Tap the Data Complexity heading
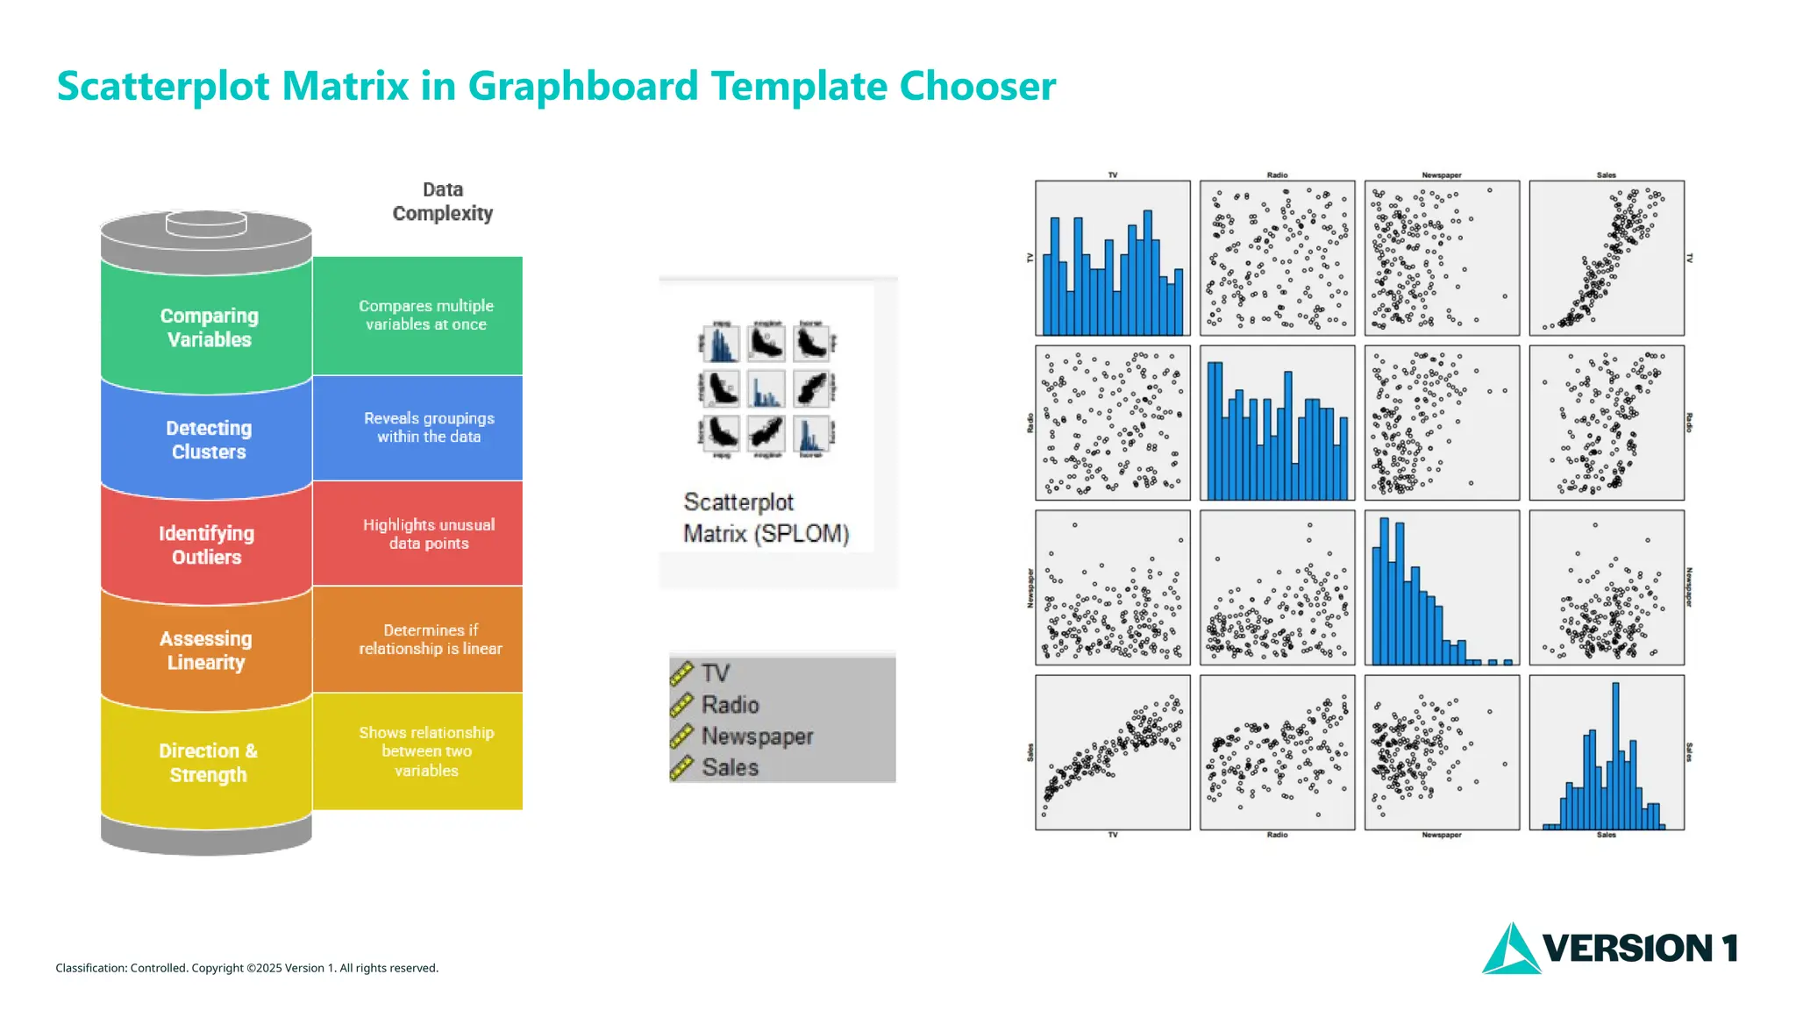(x=442, y=202)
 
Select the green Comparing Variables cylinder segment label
(x=209, y=327)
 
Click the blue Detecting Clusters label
(x=209, y=439)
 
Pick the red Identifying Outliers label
(x=207, y=544)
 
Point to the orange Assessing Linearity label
(x=206, y=650)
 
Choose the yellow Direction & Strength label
(x=208, y=763)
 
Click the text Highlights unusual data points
(x=429, y=534)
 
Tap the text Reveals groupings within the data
(x=429, y=427)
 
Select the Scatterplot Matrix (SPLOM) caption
(x=766, y=517)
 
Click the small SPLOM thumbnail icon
(x=766, y=389)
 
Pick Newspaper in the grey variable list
(x=757, y=736)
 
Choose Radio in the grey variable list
(x=730, y=705)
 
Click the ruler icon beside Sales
(x=681, y=768)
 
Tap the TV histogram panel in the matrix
(x=1112, y=258)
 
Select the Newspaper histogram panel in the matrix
(x=1442, y=587)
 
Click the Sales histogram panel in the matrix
(x=1607, y=752)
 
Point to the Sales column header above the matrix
(x=1606, y=175)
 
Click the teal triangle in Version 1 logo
(x=1510, y=950)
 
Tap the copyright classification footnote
(x=246, y=968)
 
